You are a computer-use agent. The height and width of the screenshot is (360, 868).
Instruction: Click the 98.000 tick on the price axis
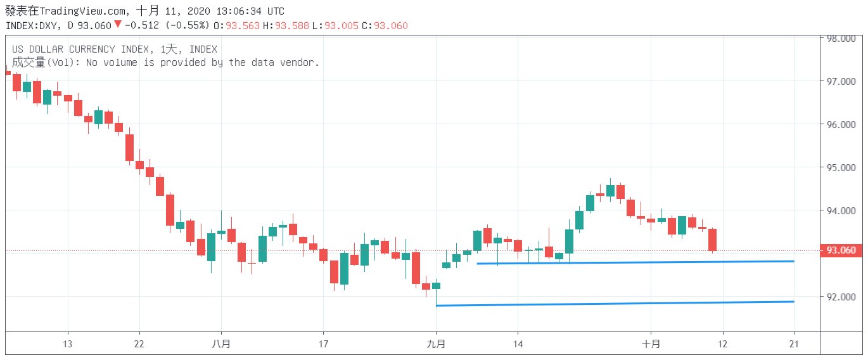pos(841,39)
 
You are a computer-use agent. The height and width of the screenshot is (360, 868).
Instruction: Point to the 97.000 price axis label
pos(841,82)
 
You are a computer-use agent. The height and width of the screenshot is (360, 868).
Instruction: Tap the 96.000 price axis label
pos(841,125)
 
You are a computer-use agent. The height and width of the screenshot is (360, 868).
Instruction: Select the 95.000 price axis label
pos(841,168)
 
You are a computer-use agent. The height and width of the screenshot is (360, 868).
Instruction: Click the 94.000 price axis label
pos(841,211)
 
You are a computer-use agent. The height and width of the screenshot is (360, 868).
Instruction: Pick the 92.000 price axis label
pos(841,297)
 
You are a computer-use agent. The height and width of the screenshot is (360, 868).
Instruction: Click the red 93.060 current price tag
pos(841,250)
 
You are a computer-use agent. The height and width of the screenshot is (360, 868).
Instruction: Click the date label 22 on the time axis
pos(139,344)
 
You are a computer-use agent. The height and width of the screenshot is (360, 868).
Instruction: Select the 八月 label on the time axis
pos(221,344)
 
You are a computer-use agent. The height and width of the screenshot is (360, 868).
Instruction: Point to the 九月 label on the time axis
pos(436,344)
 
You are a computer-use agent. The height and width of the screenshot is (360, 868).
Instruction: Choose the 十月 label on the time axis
pos(651,344)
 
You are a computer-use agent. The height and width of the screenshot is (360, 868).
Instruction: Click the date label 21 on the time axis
pos(795,344)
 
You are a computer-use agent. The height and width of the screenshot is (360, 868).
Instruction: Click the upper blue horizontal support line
pos(634,262)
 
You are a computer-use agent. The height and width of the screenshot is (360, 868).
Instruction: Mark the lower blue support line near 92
pos(615,304)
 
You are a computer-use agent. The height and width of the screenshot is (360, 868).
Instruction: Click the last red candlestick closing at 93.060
pos(712,240)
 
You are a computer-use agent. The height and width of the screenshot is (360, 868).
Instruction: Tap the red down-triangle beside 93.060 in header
pos(117,25)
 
